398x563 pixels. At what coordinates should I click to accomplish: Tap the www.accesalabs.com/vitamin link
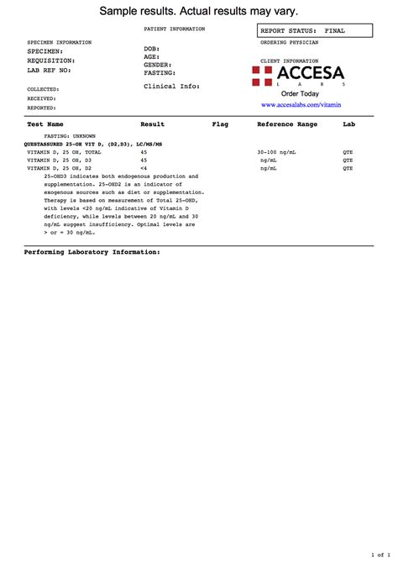[301, 105]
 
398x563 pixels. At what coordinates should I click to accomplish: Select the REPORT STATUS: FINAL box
[302, 30]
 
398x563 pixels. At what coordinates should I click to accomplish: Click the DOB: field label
[152, 50]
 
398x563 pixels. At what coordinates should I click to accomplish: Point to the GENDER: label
[158, 65]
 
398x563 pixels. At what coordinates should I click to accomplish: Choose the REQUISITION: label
[51, 61]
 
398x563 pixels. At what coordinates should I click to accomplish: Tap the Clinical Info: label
[171, 86]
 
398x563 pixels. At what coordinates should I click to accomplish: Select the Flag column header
[220, 124]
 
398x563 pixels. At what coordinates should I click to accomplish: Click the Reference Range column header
[287, 124]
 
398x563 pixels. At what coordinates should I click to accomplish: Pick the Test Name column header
[45, 124]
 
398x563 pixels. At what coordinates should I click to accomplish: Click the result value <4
[144, 168]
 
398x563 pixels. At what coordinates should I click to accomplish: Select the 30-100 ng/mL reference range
[277, 152]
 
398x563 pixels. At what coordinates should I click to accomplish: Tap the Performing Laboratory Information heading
[92, 252]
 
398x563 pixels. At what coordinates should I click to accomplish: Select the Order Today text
[300, 94]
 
